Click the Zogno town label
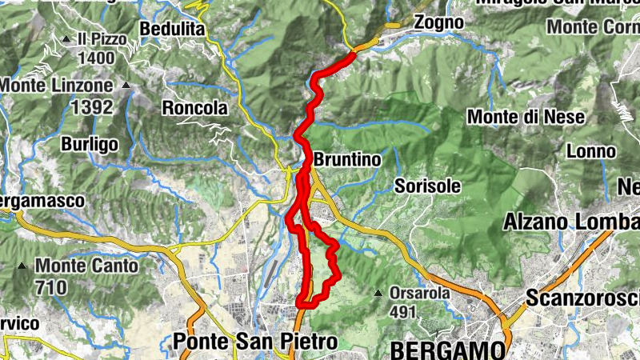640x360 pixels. (439, 23)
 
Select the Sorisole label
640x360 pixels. (428, 186)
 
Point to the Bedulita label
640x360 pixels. (172, 30)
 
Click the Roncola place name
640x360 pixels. (194, 107)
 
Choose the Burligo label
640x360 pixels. (90, 144)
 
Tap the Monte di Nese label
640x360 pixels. (526, 117)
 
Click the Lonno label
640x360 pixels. (590, 151)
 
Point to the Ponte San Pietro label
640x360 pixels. (255, 342)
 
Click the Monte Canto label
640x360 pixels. (86, 266)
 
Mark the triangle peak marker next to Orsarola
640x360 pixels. (378, 293)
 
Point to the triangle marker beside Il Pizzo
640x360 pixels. (66, 38)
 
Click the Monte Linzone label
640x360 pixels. (56, 84)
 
